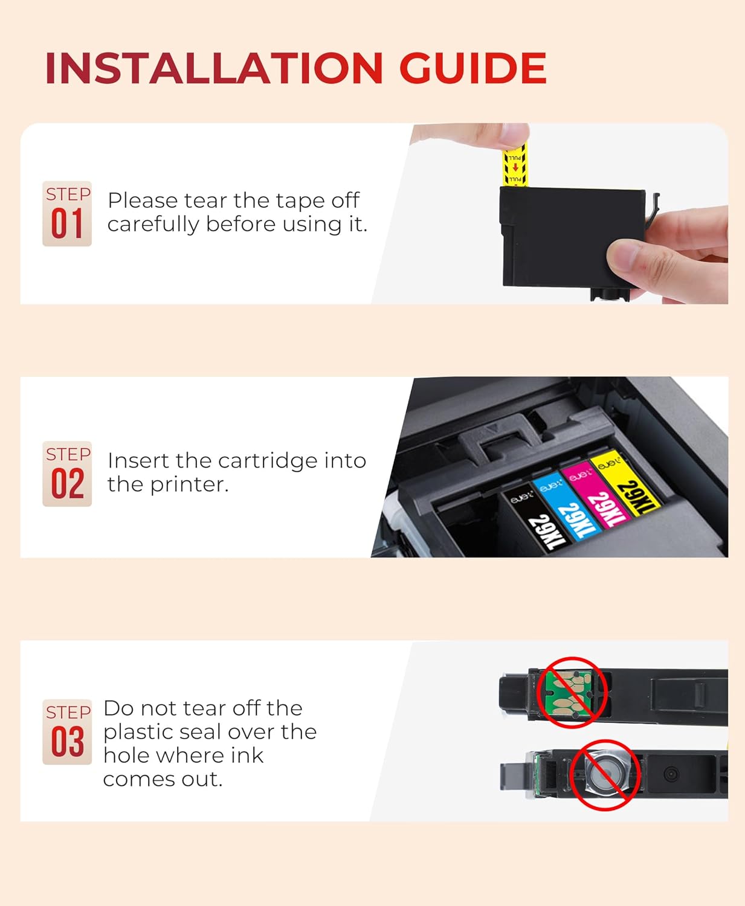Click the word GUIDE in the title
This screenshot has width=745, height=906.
coord(472,68)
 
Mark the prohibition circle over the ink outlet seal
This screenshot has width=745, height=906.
coord(605,774)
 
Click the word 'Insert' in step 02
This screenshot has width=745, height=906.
coord(138,461)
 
